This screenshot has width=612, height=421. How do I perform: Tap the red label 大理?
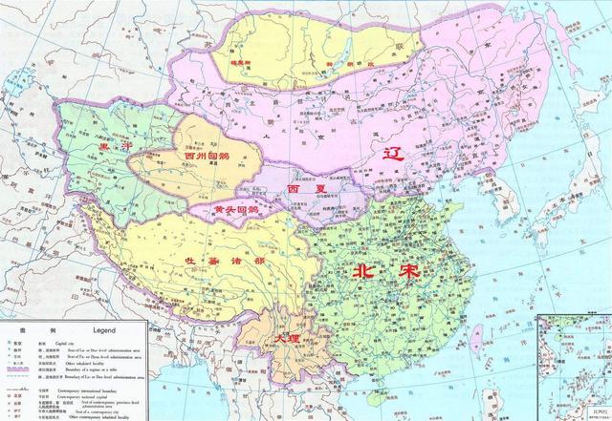coord(285,340)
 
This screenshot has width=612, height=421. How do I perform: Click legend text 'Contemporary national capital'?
coord(105,393)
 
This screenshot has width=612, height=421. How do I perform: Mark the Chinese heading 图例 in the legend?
coord(33,327)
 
